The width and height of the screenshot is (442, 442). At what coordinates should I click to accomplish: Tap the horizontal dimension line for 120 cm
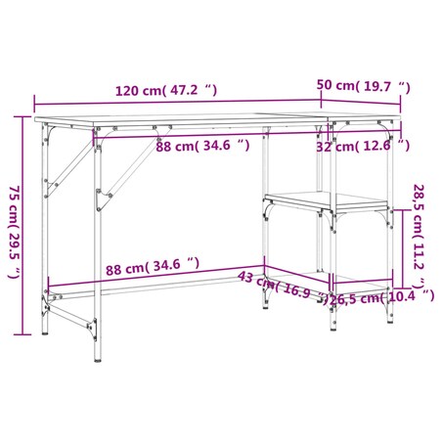(x=176, y=101)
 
